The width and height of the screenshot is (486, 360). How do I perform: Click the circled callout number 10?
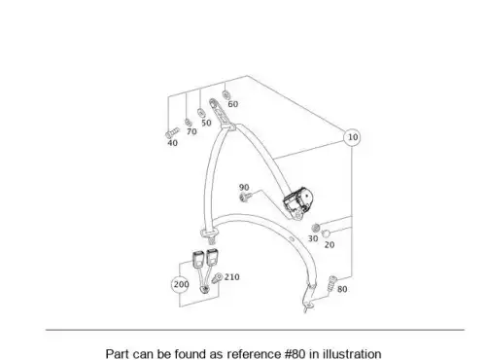[353, 137]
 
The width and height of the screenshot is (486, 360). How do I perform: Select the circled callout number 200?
[181, 284]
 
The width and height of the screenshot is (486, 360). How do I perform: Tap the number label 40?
[172, 143]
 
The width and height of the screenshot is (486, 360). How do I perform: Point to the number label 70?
[191, 131]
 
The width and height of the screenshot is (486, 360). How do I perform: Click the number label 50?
[206, 123]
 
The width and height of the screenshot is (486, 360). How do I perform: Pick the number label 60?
[233, 104]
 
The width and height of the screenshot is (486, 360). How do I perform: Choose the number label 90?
[244, 188]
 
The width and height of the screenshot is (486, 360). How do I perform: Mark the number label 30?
[313, 238]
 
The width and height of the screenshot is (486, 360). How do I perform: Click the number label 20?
[330, 245]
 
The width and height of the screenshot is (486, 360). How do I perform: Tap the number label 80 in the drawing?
[342, 289]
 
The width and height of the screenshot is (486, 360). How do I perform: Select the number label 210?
[232, 277]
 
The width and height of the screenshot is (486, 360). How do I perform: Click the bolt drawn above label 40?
[172, 133]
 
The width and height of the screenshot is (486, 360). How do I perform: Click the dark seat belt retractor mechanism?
[298, 200]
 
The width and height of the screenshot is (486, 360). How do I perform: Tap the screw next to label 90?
[246, 196]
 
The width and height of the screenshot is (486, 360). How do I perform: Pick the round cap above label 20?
[326, 234]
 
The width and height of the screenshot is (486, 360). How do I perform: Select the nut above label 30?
[316, 228]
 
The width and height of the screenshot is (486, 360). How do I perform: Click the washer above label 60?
[226, 94]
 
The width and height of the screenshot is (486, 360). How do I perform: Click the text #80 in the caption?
[295, 354]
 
